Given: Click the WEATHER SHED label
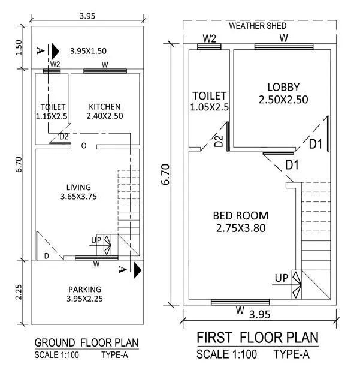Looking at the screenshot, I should point(258,26).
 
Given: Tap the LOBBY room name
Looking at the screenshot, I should point(283,87).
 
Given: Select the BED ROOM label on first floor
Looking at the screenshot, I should point(241,215).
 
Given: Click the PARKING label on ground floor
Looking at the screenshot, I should point(84,288).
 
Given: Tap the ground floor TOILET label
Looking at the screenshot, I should point(53,107).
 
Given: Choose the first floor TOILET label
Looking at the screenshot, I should point(210,95).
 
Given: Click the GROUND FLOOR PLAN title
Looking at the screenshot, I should point(86,343).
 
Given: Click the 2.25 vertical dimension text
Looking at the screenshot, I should point(19,292).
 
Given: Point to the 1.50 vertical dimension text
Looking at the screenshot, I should point(19,47).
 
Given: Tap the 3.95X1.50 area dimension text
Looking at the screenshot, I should point(92,50).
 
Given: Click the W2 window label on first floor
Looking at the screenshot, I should point(209,38).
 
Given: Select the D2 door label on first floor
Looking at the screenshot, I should point(219,142).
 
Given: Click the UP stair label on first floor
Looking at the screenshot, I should point(281,279).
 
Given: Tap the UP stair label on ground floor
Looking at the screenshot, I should point(96,240).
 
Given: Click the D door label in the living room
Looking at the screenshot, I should point(47,256).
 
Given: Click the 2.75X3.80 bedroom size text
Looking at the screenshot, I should point(241,228).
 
